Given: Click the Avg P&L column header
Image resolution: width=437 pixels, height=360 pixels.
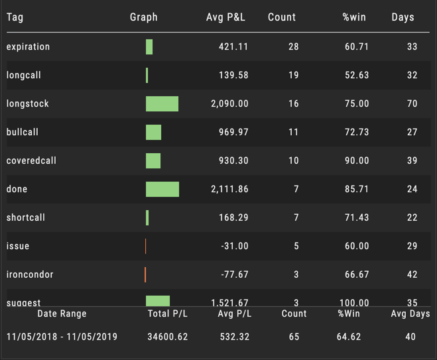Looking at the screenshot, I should pyautogui.click(x=225, y=17).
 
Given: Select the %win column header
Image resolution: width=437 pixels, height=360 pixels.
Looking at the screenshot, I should pyautogui.click(x=354, y=17).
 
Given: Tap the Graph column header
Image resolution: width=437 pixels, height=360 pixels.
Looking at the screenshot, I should pyautogui.click(x=144, y=17).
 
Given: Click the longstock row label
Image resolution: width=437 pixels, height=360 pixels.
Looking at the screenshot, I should pyautogui.click(x=28, y=103).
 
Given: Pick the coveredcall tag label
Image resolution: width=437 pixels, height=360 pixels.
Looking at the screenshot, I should pyautogui.click(x=30, y=160).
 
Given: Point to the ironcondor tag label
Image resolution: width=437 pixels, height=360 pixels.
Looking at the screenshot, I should pyautogui.click(x=30, y=274).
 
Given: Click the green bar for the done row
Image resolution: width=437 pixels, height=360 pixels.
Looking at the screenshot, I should pyautogui.click(x=162, y=189).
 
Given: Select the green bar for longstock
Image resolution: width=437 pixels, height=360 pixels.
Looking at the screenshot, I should pyautogui.click(x=162, y=103).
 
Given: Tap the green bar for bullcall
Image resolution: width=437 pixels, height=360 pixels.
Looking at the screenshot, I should pyautogui.click(x=153, y=132).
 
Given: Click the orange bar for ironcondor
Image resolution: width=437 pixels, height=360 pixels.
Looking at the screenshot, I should pyautogui.click(x=145, y=274).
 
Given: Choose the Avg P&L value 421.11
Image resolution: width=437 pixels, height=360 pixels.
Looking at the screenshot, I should pyautogui.click(x=233, y=46).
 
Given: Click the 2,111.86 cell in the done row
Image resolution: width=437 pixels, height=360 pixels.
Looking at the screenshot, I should pyautogui.click(x=229, y=189).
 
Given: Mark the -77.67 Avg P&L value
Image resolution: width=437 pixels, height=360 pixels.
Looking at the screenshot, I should pyautogui.click(x=235, y=274).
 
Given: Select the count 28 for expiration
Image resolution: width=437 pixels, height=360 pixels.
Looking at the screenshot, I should pyautogui.click(x=294, y=46).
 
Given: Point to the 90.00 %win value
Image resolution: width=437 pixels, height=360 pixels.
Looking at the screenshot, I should pyautogui.click(x=357, y=160).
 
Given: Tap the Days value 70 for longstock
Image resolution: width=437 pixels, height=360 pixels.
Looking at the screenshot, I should pyautogui.click(x=412, y=103).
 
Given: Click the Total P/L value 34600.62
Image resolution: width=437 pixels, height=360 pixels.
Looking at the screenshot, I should pyautogui.click(x=168, y=337).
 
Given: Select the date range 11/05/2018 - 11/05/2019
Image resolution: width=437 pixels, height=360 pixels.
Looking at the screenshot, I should pyautogui.click(x=62, y=337).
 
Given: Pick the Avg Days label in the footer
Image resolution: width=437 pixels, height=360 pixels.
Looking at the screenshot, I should pyautogui.click(x=410, y=314).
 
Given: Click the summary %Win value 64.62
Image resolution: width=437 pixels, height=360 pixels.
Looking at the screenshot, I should pyautogui.click(x=349, y=337).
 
